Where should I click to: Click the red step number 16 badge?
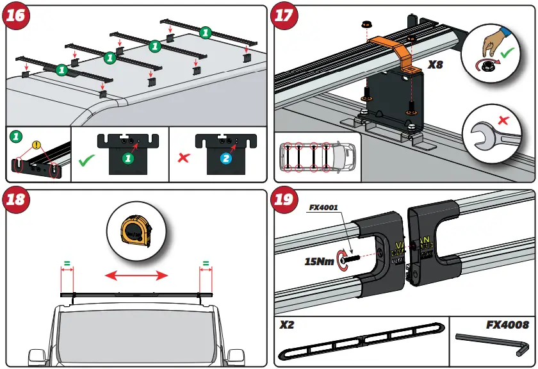point(17,16)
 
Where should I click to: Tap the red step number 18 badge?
point(17,200)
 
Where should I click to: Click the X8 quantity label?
point(437,65)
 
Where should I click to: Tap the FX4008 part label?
point(507,325)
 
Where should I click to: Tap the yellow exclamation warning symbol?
point(37,145)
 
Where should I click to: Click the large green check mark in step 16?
point(86,159)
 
